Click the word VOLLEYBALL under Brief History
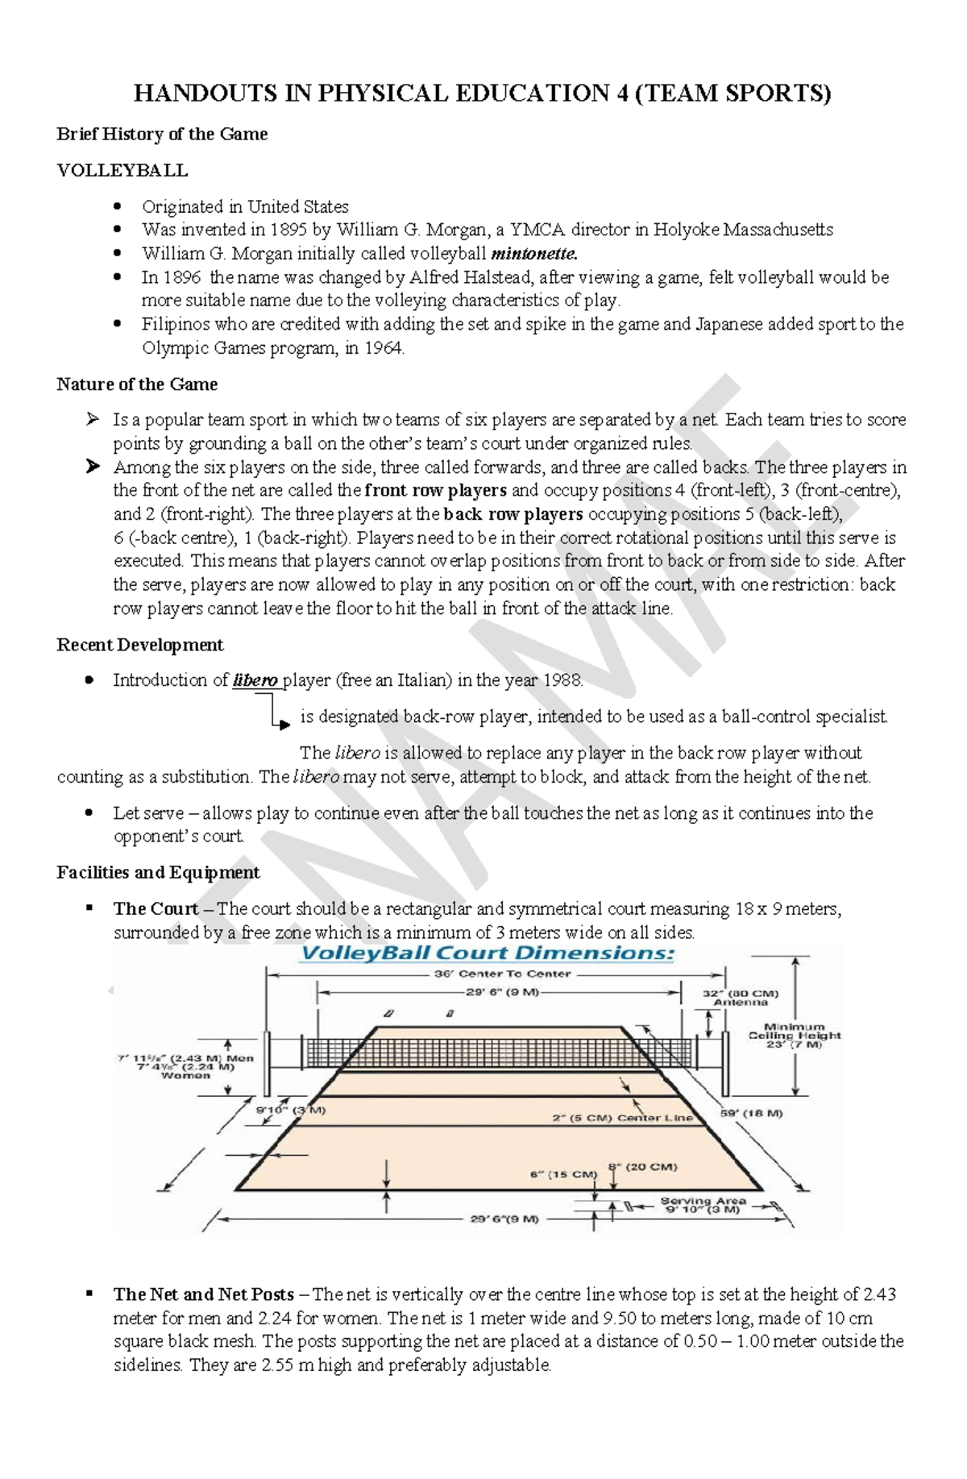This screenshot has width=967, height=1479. pyautogui.click(x=122, y=170)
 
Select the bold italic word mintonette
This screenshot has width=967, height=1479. pyautogui.click(x=533, y=253)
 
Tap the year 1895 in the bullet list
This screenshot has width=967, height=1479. pyautogui.click(x=288, y=230)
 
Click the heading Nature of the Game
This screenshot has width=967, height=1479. pyautogui.click(x=137, y=384)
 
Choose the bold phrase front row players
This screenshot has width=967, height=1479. pyautogui.click(x=436, y=490)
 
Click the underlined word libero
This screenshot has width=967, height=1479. pyautogui.click(x=255, y=680)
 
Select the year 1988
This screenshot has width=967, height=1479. pyautogui.click(x=562, y=680)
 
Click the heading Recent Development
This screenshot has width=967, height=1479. pyautogui.click(x=139, y=645)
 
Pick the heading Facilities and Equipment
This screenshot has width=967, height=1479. pyautogui.click(x=158, y=872)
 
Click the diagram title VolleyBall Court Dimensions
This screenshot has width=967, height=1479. pyautogui.click(x=488, y=953)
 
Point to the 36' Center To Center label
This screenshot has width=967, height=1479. pyautogui.click(x=503, y=974)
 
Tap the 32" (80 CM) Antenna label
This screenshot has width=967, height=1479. pyautogui.click(x=741, y=998)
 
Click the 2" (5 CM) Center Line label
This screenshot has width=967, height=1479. pyautogui.click(x=622, y=1118)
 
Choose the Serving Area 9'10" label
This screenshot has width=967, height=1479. pyautogui.click(x=703, y=1205)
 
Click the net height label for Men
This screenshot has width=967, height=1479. pyautogui.click(x=185, y=1058)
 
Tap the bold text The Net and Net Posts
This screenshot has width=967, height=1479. pyautogui.click(x=204, y=1294)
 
